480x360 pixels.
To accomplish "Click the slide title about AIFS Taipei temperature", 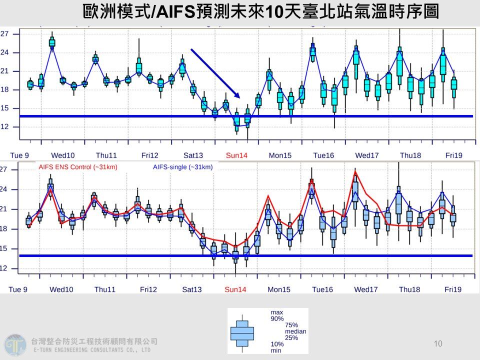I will [260, 11].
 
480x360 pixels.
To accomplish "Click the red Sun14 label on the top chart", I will [236, 155].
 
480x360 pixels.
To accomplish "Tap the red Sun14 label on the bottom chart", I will [235, 289].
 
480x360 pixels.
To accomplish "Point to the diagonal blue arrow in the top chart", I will [215, 73].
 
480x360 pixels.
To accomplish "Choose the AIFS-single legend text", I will [182, 167].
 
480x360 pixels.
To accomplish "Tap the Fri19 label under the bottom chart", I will [453, 289].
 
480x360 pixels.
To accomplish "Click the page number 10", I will [438, 343].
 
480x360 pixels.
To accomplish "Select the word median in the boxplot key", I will [295, 331].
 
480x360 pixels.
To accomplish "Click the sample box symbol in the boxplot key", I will [242, 332].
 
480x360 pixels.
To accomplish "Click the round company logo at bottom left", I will [15, 345].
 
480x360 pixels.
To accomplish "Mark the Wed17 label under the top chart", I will [366, 155].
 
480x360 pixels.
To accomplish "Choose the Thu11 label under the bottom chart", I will [105, 289].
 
